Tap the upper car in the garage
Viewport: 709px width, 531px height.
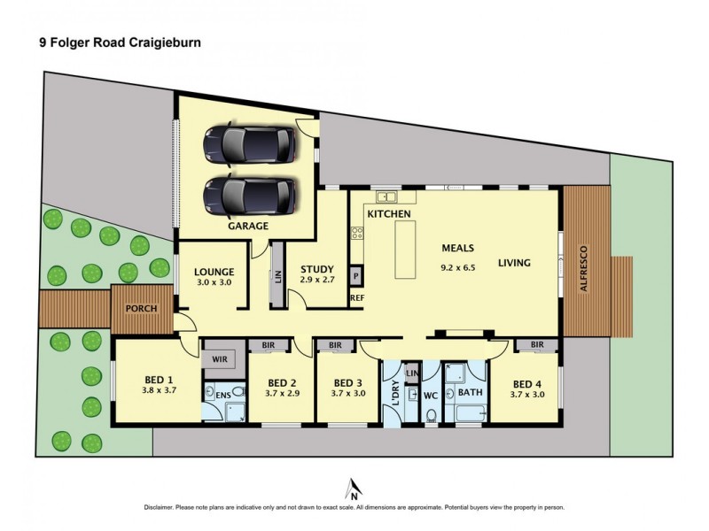tap(247, 144)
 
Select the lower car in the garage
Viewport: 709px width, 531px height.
tap(247, 195)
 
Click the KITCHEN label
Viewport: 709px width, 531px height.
tap(389, 215)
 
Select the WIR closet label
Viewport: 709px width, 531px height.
tap(219, 359)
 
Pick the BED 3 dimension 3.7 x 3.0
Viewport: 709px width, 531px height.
tap(347, 395)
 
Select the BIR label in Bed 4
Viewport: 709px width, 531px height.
tap(537, 344)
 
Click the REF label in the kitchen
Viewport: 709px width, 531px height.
tap(357, 298)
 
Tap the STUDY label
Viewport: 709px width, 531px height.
tap(316, 271)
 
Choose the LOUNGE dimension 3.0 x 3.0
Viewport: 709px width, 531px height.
tap(214, 283)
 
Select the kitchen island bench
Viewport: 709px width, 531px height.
tap(406, 250)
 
